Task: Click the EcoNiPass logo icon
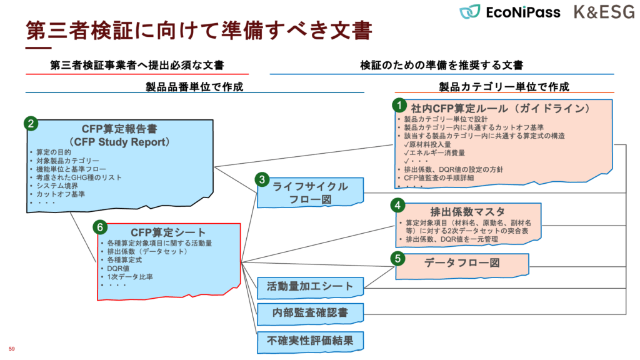pyautogui.click(x=470, y=11)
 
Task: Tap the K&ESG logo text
pyautogui.click(x=603, y=12)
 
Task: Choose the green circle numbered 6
pyautogui.click(x=99, y=226)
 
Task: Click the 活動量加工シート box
pyautogui.click(x=310, y=287)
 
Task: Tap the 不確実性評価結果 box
pyautogui.click(x=310, y=341)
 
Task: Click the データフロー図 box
pyautogui.click(x=462, y=264)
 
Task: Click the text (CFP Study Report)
pyautogui.click(x=126, y=141)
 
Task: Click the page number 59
pyautogui.click(x=11, y=347)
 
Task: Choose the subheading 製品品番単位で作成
pyautogui.click(x=194, y=86)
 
